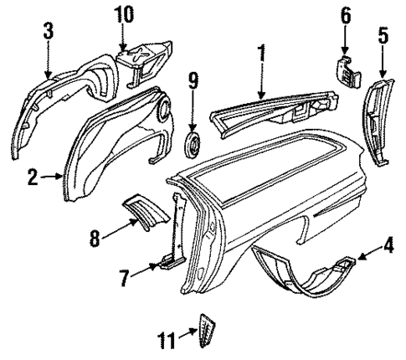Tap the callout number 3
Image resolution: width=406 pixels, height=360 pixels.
49,31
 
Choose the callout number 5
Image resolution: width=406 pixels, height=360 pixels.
383,36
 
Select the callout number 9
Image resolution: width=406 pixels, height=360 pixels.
193,82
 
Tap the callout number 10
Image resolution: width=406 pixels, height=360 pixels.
123,14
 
